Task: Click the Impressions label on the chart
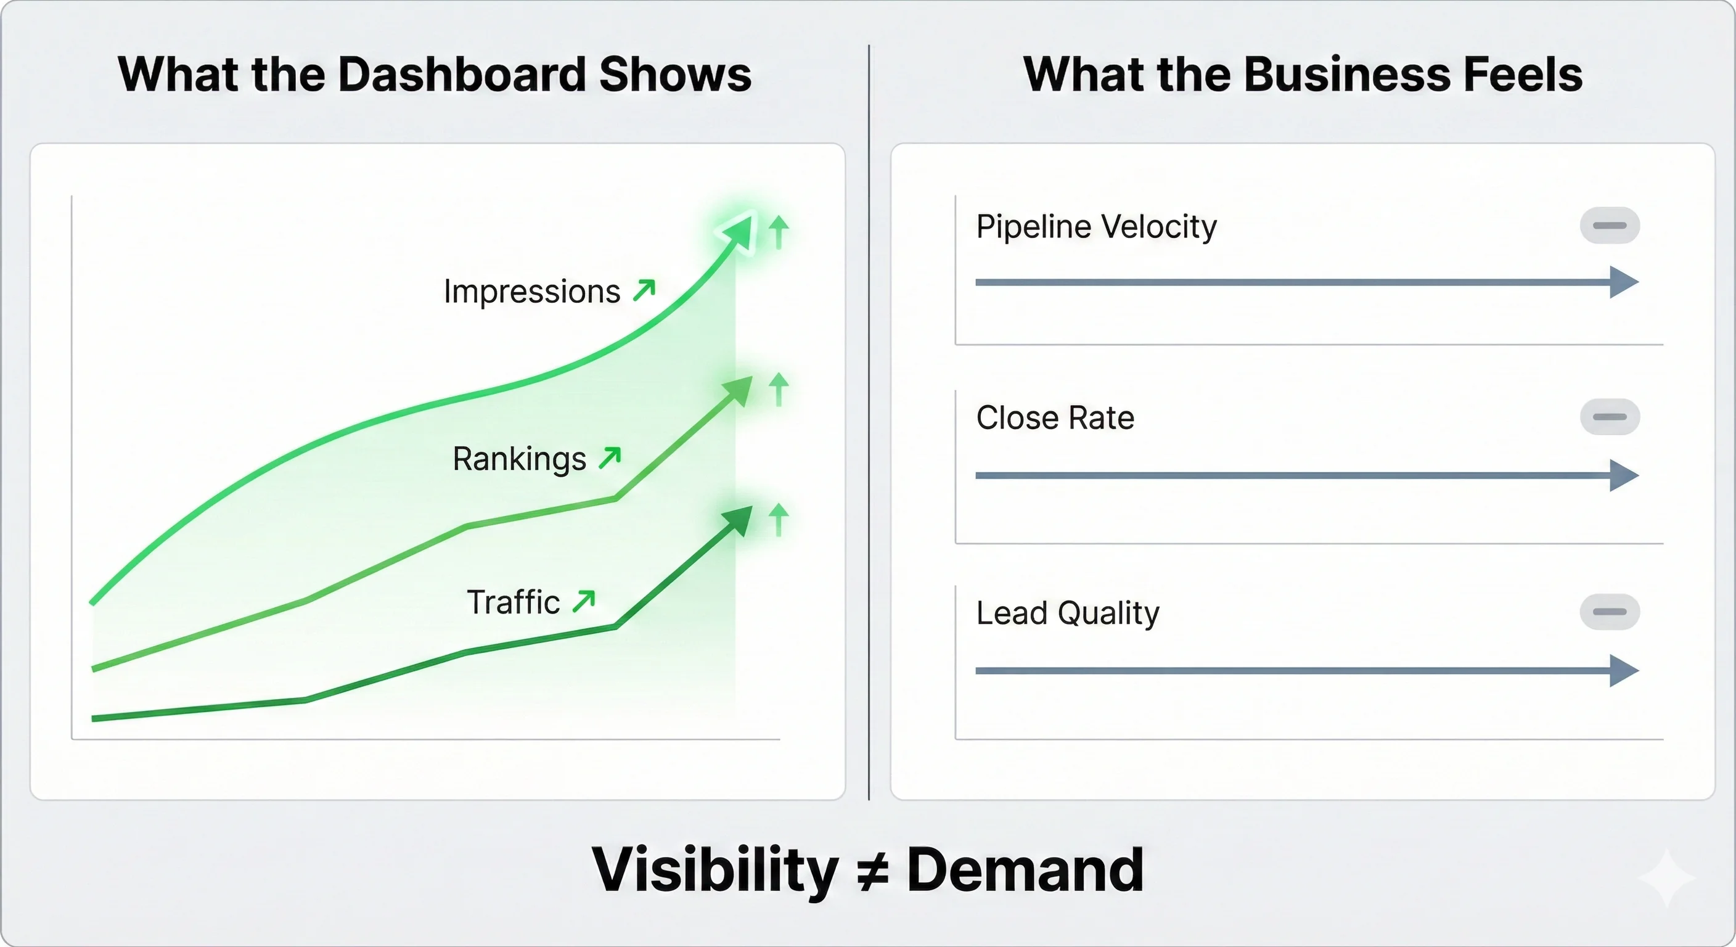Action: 532,291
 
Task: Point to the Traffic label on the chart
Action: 513,602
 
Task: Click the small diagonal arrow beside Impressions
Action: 644,290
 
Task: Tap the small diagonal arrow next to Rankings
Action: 610,457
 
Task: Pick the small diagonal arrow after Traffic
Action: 584,601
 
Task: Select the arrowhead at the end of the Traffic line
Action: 739,520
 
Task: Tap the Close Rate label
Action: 1055,418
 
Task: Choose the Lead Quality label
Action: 1068,613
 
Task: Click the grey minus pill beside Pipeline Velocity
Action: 1609,225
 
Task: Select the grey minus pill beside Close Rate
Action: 1609,417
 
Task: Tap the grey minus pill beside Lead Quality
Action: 1609,612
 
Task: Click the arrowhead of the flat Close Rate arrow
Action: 1623,475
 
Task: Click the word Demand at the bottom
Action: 1025,870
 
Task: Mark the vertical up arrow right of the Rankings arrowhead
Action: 779,390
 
